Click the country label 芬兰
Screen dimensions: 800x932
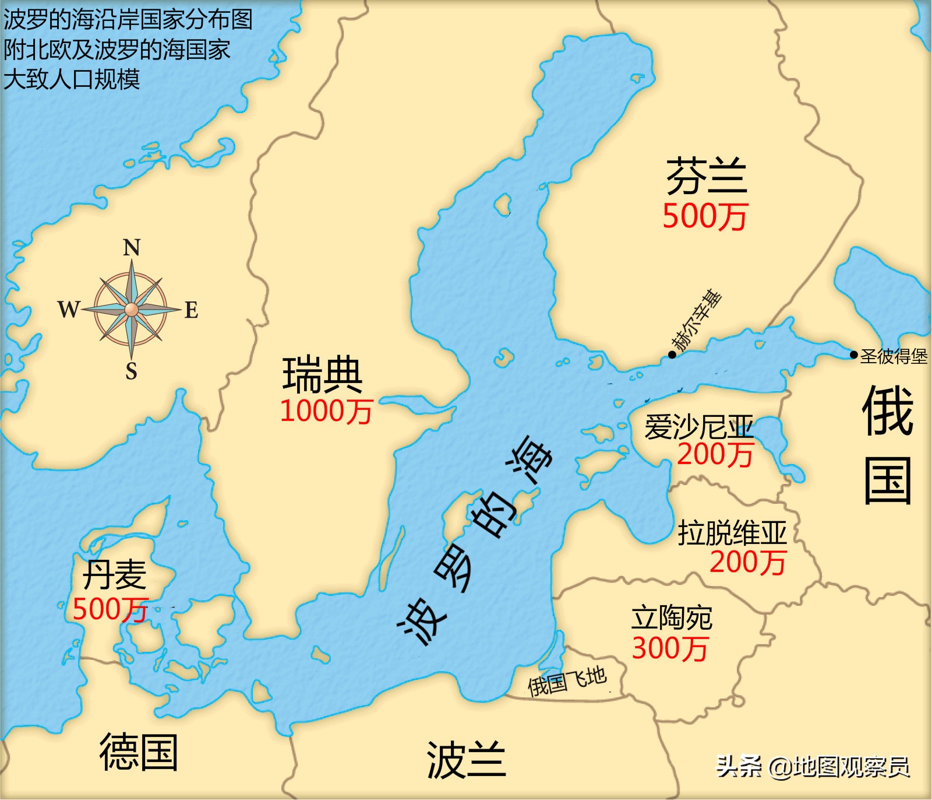pyautogui.click(x=706, y=176)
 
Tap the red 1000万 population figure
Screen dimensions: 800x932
pyautogui.click(x=326, y=411)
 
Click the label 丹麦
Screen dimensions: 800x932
pyautogui.click(x=115, y=575)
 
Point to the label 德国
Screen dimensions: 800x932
pyautogui.click(x=139, y=752)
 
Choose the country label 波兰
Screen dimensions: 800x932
pyautogui.click(x=466, y=760)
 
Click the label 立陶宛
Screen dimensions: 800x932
pyautogui.click(x=672, y=618)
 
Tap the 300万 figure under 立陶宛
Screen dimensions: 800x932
pyautogui.click(x=670, y=648)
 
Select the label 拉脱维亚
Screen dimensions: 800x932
pyautogui.click(x=732, y=532)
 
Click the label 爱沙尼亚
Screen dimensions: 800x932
pyautogui.click(x=698, y=427)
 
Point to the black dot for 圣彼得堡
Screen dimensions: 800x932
pyautogui.click(x=853, y=355)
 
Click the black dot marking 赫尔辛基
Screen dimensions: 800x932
pyautogui.click(x=672, y=355)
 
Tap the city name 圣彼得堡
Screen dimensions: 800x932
pyautogui.click(x=894, y=356)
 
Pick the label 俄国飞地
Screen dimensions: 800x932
pyautogui.click(x=567, y=681)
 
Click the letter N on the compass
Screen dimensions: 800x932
pyautogui.click(x=132, y=248)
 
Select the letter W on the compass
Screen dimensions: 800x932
pyautogui.click(x=68, y=309)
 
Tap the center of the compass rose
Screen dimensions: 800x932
pyautogui.click(x=132, y=308)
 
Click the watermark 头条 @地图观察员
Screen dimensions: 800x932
pyautogui.click(x=813, y=766)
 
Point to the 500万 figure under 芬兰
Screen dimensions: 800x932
pyautogui.click(x=705, y=216)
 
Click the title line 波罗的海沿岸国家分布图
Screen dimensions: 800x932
pyautogui.click(x=128, y=20)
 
